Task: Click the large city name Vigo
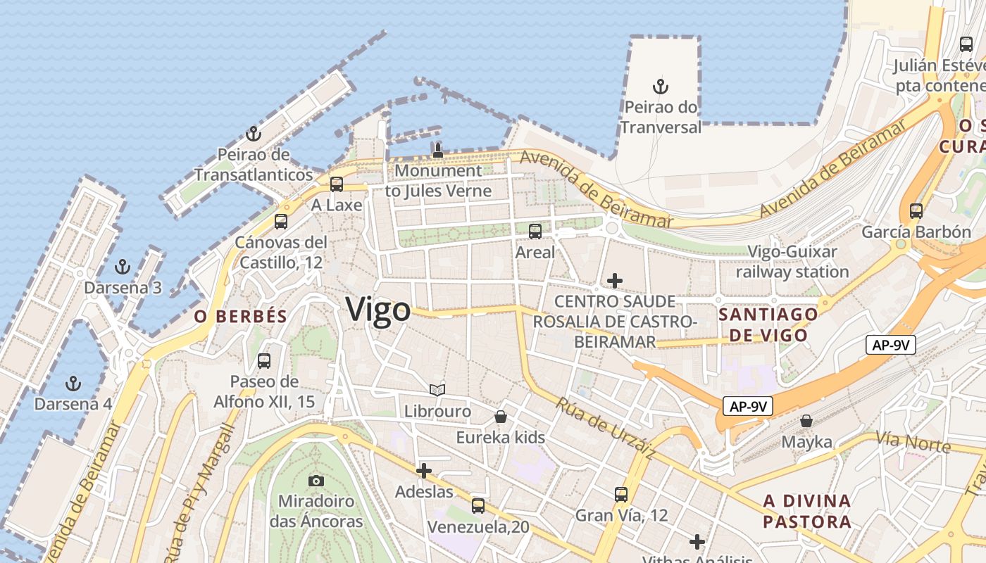click(x=377, y=310)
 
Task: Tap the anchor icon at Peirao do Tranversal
click(x=660, y=87)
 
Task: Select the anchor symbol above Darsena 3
click(x=123, y=267)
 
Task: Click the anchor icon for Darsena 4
click(x=73, y=384)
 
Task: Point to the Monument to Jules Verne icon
click(x=437, y=149)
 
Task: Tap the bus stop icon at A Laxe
click(x=337, y=184)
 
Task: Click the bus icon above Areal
click(x=535, y=231)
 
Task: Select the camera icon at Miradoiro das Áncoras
click(x=316, y=481)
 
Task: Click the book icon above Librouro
click(x=437, y=390)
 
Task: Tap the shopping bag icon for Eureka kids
click(x=501, y=417)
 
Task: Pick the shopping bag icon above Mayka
click(x=806, y=421)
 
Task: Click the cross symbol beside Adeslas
click(x=424, y=471)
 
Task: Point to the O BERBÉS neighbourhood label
click(x=241, y=317)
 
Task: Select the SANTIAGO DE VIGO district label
click(x=768, y=324)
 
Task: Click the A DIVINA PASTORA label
click(x=807, y=512)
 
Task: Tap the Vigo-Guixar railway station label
click(x=792, y=262)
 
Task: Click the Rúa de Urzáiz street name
click(x=605, y=429)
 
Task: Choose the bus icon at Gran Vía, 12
click(x=620, y=494)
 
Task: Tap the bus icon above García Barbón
click(x=916, y=210)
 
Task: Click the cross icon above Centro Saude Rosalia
click(x=615, y=281)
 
